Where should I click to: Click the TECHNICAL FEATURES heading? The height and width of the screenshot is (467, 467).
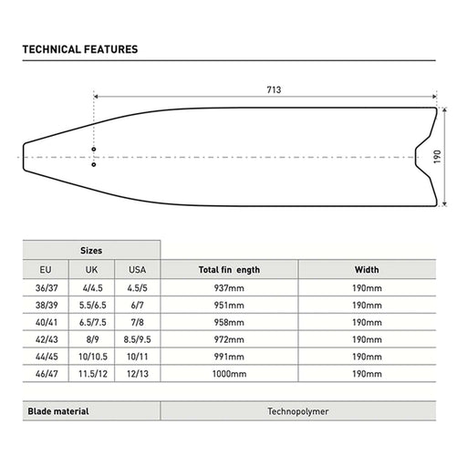(x=80, y=49)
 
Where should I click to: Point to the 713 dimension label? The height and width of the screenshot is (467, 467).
(x=274, y=90)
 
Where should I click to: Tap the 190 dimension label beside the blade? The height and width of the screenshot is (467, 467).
(x=437, y=157)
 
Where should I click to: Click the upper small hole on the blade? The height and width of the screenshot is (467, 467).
(x=94, y=150)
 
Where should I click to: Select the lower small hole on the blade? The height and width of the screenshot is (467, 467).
(x=94, y=164)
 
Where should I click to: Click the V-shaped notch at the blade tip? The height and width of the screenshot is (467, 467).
(x=416, y=157)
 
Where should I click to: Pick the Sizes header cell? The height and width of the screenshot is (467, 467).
(x=91, y=251)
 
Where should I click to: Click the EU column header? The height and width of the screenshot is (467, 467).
(x=46, y=270)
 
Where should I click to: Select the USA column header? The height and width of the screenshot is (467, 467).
(x=138, y=270)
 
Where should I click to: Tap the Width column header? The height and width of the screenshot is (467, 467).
(x=367, y=270)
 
